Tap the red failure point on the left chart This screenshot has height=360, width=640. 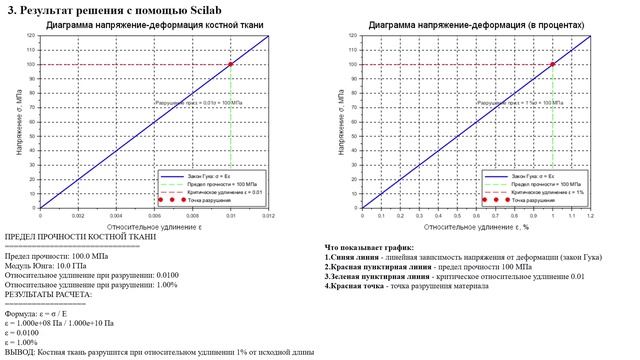(x=231, y=64)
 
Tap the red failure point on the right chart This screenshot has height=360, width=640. (x=552, y=64)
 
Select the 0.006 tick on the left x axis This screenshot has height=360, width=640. (x=154, y=216)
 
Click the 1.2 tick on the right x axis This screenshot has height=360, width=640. (x=590, y=216)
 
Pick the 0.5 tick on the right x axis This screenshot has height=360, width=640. (x=457, y=216)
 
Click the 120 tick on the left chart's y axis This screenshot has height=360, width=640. (x=31, y=35)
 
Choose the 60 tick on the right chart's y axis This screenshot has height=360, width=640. (x=353, y=122)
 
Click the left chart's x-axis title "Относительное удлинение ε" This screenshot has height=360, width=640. (x=155, y=227)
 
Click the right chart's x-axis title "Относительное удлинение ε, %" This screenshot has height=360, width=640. (x=475, y=227)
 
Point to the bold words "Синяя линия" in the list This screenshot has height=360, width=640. (x=355, y=257)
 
